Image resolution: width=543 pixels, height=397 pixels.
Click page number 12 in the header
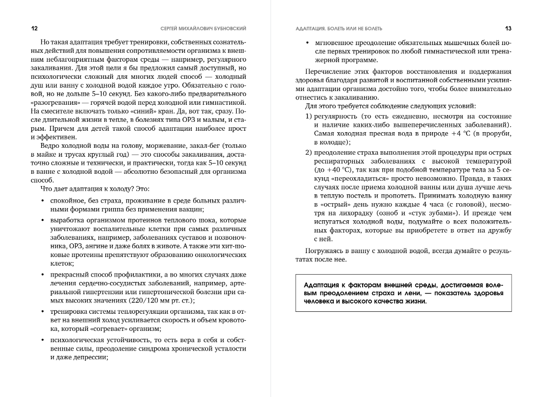click(x=34, y=28)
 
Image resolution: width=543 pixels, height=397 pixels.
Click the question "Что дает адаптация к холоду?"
click(x=94, y=189)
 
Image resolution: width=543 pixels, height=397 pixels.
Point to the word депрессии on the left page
click(x=91, y=357)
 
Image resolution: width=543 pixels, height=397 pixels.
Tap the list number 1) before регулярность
click(x=309, y=116)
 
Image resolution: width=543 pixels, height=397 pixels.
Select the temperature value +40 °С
click(x=338, y=169)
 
